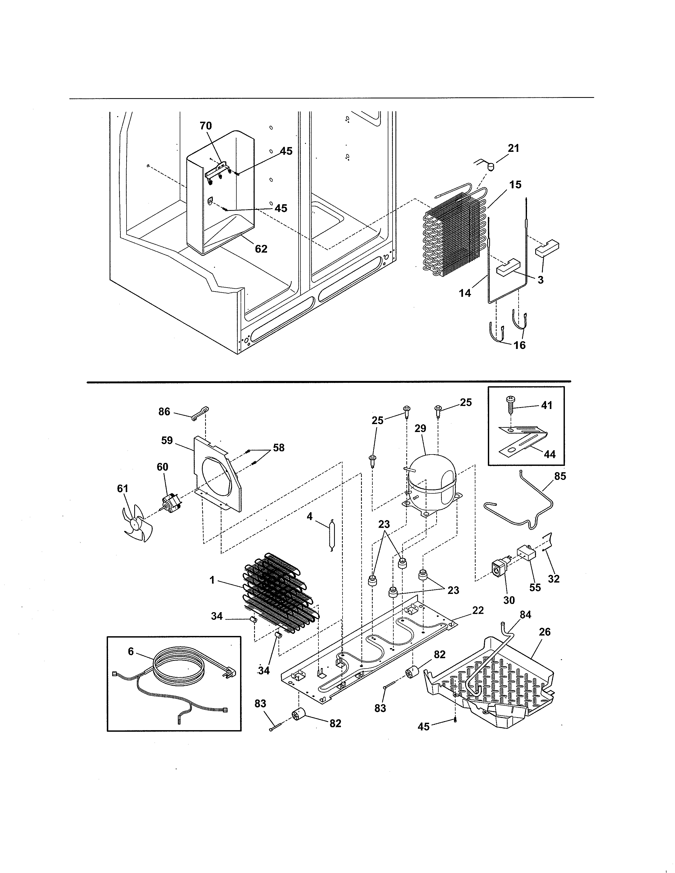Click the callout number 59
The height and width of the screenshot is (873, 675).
point(167,440)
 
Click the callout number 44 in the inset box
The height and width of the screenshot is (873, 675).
point(550,454)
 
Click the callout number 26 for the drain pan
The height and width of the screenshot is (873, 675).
point(545,632)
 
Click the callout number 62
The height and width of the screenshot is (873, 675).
point(261,249)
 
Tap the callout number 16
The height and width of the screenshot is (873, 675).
point(519,345)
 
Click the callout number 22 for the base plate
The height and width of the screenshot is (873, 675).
point(478,610)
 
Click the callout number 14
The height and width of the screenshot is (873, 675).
point(465,293)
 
